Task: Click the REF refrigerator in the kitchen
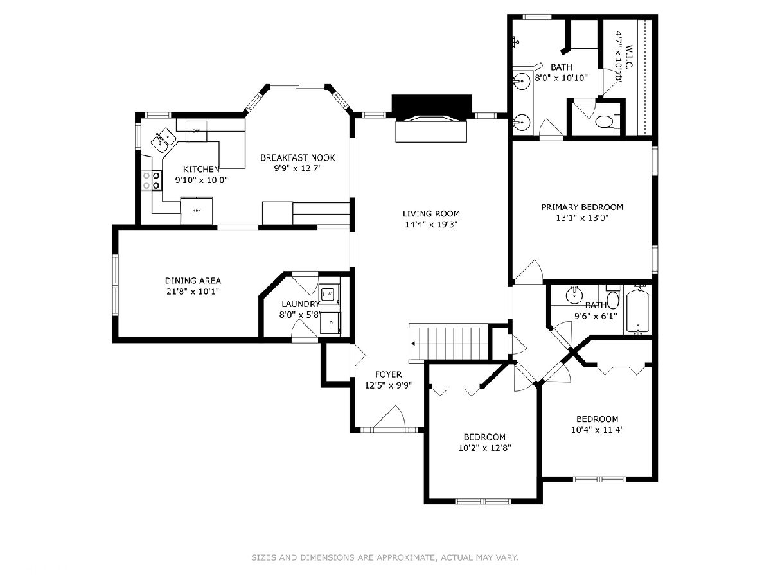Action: click(197, 211)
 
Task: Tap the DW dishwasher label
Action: click(196, 131)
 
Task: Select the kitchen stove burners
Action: click(152, 180)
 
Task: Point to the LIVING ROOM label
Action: click(431, 213)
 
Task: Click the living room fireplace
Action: click(431, 118)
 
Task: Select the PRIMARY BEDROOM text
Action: click(582, 207)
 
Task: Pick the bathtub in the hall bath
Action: click(638, 311)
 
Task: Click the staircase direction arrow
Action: click(414, 344)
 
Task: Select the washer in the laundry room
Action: click(329, 293)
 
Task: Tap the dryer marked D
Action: click(330, 323)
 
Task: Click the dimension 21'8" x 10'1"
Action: click(193, 292)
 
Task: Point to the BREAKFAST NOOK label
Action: click(297, 157)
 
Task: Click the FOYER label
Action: click(388, 374)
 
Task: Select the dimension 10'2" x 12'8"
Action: click(484, 448)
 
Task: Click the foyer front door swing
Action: click(390, 416)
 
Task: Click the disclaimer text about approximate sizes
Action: click(385, 557)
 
